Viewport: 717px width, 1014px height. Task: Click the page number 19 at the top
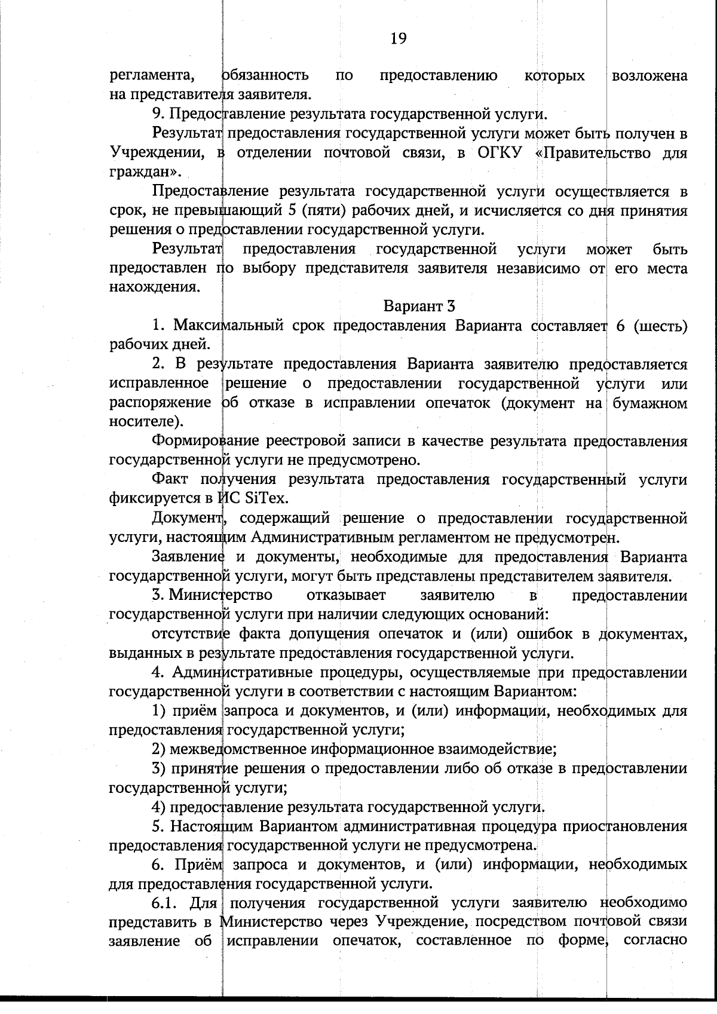point(399,39)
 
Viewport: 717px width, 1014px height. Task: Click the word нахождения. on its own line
point(154,287)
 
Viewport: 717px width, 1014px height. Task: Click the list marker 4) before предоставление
point(159,807)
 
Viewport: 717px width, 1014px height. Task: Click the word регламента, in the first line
point(152,76)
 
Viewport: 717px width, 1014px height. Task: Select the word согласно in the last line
point(655,941)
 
